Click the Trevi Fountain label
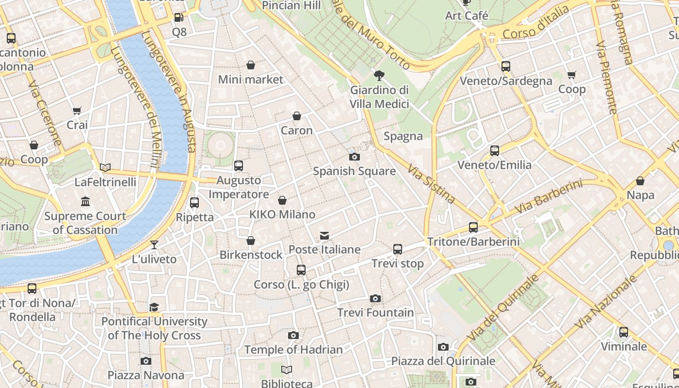pyautogui.click(x=375, y=313)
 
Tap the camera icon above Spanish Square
pyautogui.click(x=355, y=157)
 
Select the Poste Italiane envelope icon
pyautogui.click(x=324, y=236)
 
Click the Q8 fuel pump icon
pyautogui.click(x=179, y=18)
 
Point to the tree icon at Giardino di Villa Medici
pyautogui.click(x=379, y=76)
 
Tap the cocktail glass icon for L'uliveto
pyautogui.click(x=154, y=245)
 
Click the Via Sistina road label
pyautogui.click(x=431, y=183)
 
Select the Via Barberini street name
pyautogui.click(x=548, y=197)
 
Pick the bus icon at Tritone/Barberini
pyautogui.click(x=473, y=227)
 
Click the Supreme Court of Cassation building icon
pyautogui.click(x=85, y=201)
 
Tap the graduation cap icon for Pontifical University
pyautogui.click(x=154, y=307)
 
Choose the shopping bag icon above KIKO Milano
pyautogui.click(x=282, y=200)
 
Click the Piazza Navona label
pyautogui.click(x=146, y=375)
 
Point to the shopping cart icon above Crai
pyautogui.click(x=77, y=111)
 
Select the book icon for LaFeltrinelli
pyautogui.click(x=105, y=168)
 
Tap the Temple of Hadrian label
pyautogui.click(x=293, y=350)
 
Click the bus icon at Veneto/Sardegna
pyautogui.click(x=506, y=66)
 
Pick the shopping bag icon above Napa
pyautogui.click(x=640, y=181)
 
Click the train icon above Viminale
pyautogui.click(x=624, y=332)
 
